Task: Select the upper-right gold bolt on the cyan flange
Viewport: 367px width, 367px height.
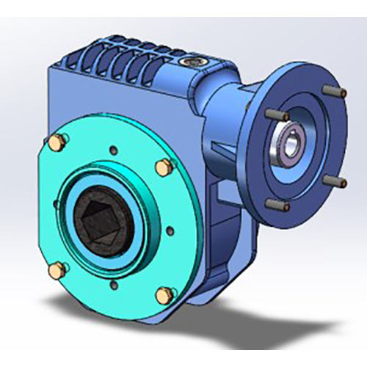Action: (163, 167)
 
